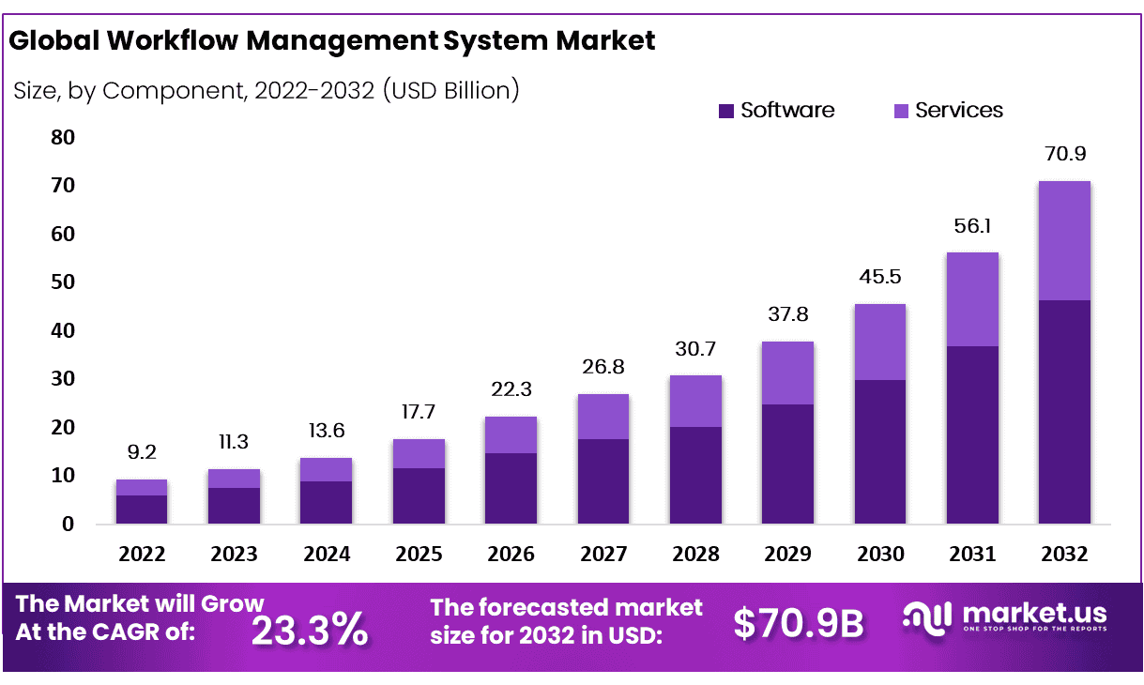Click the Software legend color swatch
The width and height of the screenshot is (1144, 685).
(725, 111)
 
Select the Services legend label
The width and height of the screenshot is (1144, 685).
(958, 111)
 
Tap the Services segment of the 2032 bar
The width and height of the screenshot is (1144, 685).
(1064, 240)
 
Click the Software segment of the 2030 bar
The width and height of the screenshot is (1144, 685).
(879, 451)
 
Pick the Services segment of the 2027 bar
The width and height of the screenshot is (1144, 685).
(603, 416)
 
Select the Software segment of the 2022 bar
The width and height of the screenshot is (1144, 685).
(142, 509)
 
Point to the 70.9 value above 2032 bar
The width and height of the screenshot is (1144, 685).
(1064, 154)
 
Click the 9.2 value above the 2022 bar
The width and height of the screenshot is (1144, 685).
(142, 452)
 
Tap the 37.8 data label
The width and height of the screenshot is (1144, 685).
(786, 314)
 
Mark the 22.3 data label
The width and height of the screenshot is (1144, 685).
(511, 389)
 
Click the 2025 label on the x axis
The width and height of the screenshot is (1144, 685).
(419, 555)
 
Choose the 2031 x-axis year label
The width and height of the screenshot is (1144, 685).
(972, 555)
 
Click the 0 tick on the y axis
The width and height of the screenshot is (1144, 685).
(67, 525)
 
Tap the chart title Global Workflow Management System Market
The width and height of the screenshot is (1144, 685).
(331, 41)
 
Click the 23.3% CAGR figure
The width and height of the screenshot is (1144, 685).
(310, 630)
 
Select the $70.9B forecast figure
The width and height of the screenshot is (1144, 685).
(798, 623)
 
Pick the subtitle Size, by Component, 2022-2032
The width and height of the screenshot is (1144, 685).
(267, 91)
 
